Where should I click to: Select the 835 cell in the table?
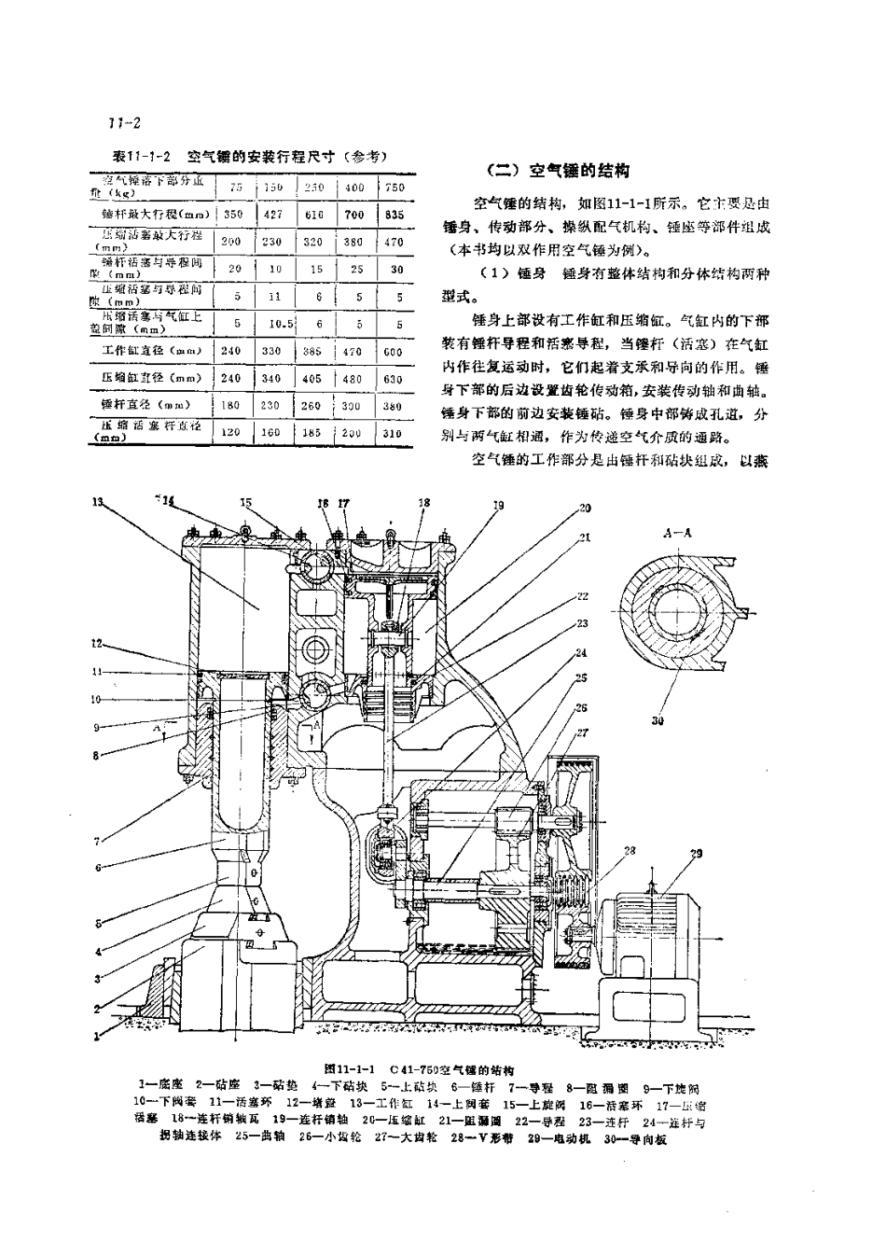394,214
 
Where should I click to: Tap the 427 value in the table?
273,214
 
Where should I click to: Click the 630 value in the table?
394,379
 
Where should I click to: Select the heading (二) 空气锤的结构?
560,171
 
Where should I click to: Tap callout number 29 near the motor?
696,854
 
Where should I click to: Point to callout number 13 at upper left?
97,500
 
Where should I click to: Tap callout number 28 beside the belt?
630,850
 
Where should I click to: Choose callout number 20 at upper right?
585,508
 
